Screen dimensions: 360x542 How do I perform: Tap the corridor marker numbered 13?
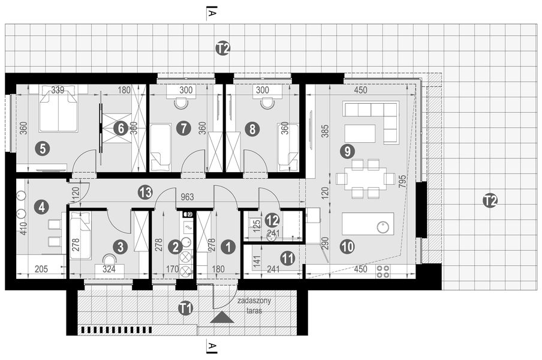pyautogui.click(x=144, y=192)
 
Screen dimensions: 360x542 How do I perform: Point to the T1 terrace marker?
pyautogui.click(x=186, y=308)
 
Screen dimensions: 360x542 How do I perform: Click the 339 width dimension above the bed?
pyautogui.click(x=58, y=91)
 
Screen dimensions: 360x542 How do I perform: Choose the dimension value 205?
pyautogui.click(x=40, y=270)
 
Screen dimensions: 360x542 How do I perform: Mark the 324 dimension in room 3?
pyautogui.click(x=109, y=270)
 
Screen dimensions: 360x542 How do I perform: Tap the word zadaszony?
pyautogui.click(x=254, y=301)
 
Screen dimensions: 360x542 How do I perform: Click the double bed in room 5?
pyautogui.click(x=58, y=112)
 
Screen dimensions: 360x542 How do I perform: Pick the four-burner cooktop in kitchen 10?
pyautogui.click(x=382, y=271)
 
